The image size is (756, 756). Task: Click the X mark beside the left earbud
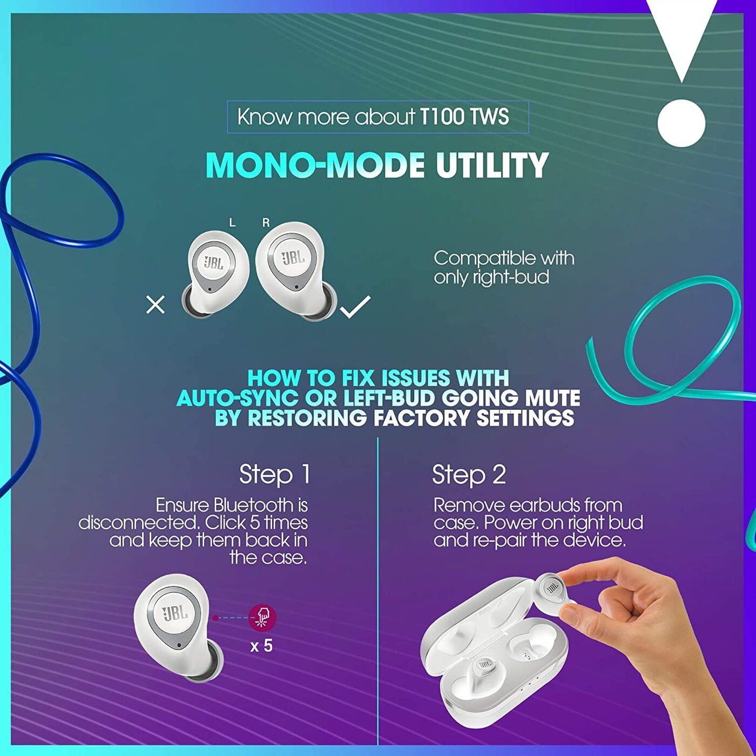(x=156, y=305)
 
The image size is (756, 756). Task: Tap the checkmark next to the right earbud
(x=355, y=306)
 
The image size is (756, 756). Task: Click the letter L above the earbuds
(x=232, y=223)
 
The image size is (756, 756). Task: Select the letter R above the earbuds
(x=266, y=223)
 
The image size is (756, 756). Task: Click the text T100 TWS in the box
(x=464, y=117)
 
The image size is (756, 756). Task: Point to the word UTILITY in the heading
(x=492, y=165)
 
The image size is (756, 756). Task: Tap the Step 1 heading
(x=275, y=474)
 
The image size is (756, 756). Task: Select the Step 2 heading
(x=469, y=474)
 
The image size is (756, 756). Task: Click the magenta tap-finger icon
(x=262, y=618)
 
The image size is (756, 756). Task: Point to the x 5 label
(x=261, y=645)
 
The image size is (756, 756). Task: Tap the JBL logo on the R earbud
(x=293, y=258)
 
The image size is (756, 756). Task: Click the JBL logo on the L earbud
(x=214, y=262)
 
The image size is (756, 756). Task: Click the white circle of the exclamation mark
(x=681, y=123)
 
